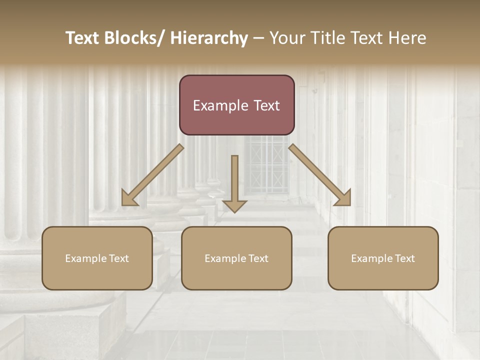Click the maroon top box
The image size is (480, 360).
point(236,105)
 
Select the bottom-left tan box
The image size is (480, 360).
point(97,258)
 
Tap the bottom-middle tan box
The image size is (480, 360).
point(236,258)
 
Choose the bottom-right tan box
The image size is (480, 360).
point(383,258)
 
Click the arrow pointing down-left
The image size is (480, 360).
point(152,175)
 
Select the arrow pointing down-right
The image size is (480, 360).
point(320,175)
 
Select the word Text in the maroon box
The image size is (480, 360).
point(266,105)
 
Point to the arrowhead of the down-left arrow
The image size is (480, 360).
point(129,198)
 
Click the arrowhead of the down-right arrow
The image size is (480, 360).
point(343,198)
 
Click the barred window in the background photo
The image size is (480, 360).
point(266,165)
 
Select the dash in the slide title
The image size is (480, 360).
point(258,38)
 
